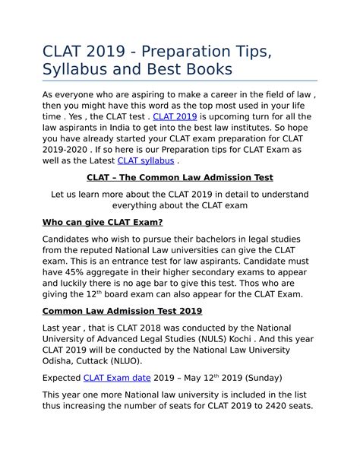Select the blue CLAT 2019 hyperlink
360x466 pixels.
(x=175, y=116)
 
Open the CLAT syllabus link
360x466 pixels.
(x=146, y=160)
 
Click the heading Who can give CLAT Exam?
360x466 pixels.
(x=103, y=222)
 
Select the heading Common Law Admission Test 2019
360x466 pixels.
(x=122, y=311)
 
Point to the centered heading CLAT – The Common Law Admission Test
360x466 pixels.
(x=180, y=178)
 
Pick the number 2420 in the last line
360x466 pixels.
(x=273, y=405)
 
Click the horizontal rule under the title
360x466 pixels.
(x=180, y=81)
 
